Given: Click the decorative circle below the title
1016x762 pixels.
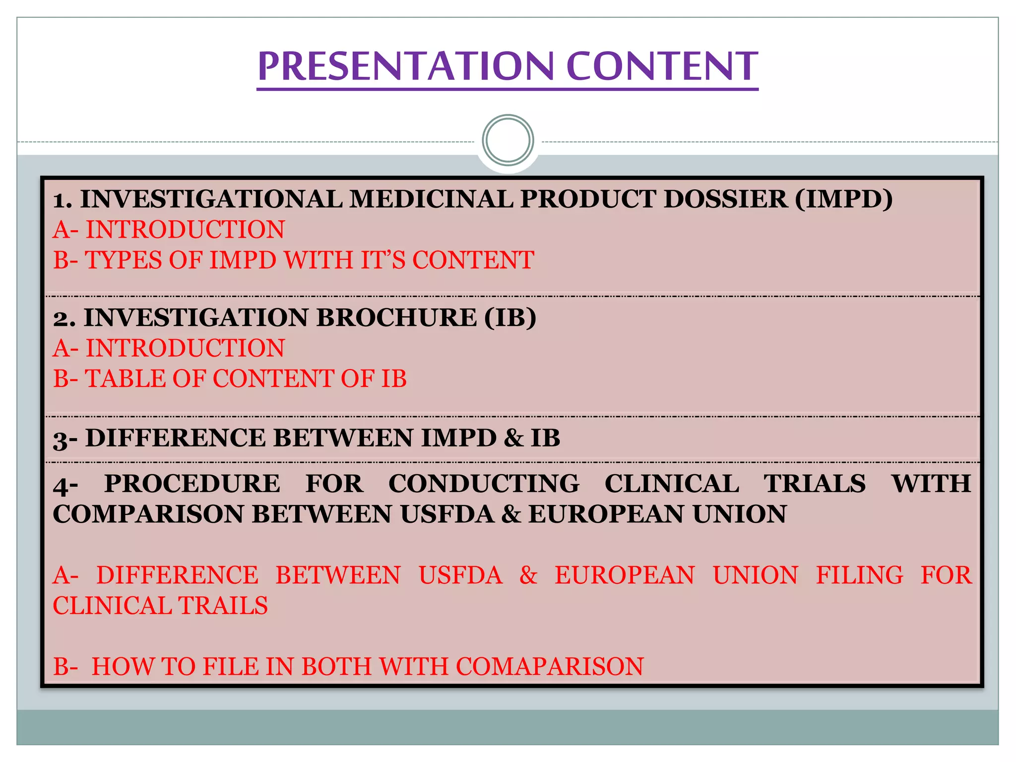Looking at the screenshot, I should (508, 140).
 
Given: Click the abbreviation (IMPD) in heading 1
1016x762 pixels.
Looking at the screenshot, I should (843, 199).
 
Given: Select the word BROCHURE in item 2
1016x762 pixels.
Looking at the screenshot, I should (396, 317).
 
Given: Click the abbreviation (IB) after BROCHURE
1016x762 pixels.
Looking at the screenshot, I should (510, 317).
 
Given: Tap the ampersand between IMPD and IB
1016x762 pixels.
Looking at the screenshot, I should (513, 439).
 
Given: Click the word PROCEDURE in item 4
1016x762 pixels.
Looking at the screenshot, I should (192, 484).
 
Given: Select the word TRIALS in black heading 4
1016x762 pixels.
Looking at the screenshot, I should (815, 484).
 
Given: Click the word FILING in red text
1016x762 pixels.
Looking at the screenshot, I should (860, 575).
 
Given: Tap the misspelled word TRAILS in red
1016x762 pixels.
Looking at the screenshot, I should (223, 606).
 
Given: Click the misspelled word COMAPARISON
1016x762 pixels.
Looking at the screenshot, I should (550, 667).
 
